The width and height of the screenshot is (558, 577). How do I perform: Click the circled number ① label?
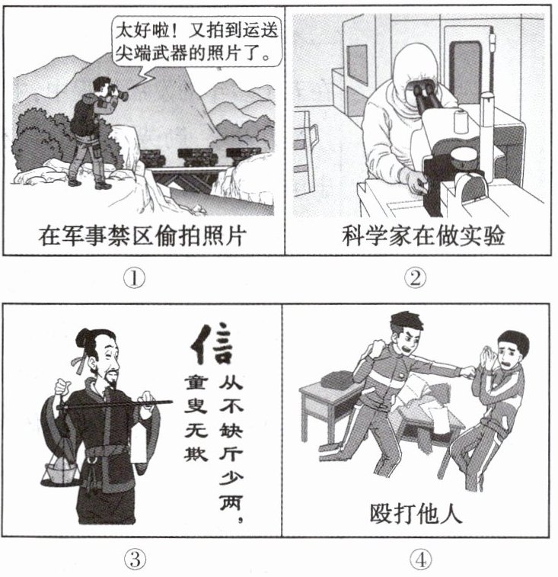134,278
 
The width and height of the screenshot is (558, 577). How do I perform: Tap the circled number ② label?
416,278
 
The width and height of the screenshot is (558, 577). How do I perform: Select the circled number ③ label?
135,559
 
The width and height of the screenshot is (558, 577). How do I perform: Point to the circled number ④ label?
421,560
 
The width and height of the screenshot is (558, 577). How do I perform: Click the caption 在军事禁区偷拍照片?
142,236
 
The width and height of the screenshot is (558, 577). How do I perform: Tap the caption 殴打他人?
416,513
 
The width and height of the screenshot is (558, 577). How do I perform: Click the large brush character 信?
212,344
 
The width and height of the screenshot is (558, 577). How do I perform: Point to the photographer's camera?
118,92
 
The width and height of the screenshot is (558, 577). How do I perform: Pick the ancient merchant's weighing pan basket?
60,473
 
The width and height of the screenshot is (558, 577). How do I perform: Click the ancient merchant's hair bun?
83,338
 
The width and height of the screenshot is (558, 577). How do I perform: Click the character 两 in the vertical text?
231,502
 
